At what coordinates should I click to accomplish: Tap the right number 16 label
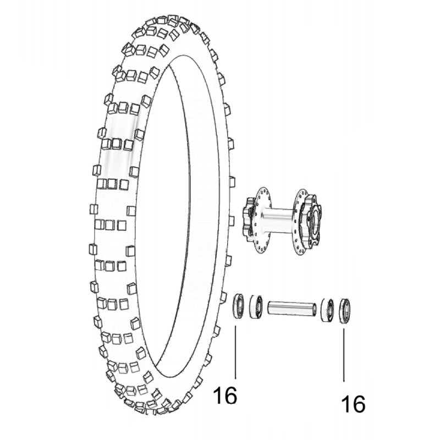tap(353, 404)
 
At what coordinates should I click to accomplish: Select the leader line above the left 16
tap(235, 352)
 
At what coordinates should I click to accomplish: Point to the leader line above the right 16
tap(345, 352)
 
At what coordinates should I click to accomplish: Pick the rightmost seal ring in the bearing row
tap(345, 310)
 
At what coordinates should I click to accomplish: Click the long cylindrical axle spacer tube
tap(291, 307)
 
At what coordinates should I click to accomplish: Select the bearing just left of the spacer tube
tap(256, 306)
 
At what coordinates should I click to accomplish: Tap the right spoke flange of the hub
tap(299, 222)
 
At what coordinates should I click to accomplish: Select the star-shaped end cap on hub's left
tap(248, 220)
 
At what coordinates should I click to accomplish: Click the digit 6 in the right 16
tap(358, 404)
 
